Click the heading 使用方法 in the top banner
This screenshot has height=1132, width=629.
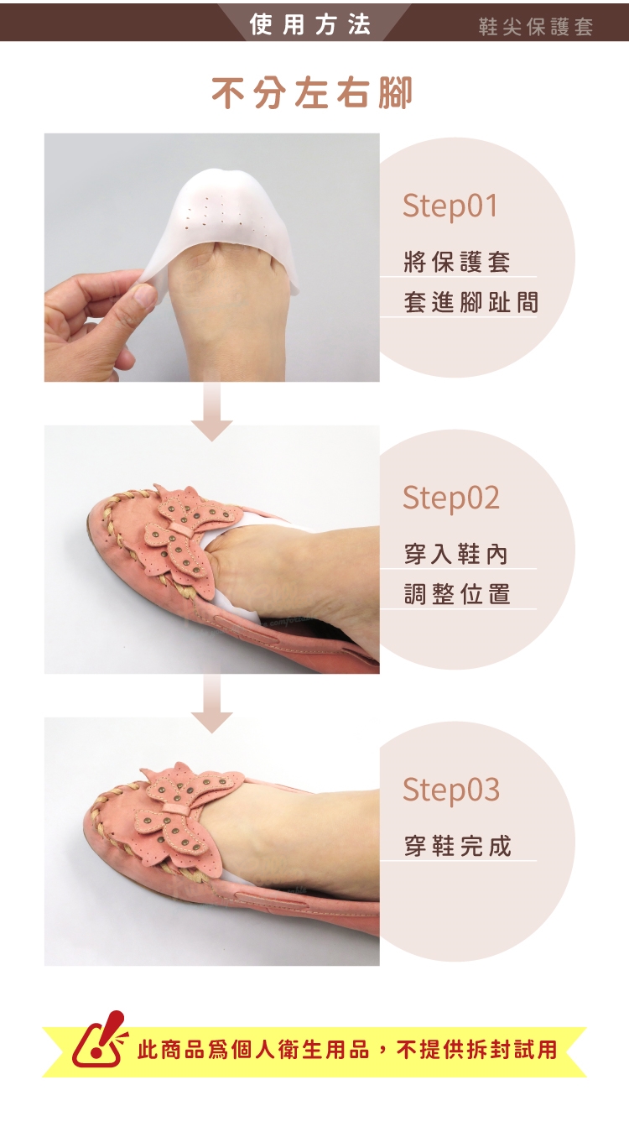pyautogui.click(x=310, y=23)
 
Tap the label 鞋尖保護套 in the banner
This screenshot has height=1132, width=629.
pyautogui.click(x=536, y=26)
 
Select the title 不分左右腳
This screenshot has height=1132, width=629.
pyautogui.click(x=312, y=93)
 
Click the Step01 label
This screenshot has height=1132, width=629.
pyautogui.click(x=450, y=206)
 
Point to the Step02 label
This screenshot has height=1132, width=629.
pyautogui.click(x=450, y=498)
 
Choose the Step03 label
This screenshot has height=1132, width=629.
pyautogui.click(x=450, y=789)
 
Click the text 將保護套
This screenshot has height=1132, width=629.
pyautogui.click(x=457, y=262)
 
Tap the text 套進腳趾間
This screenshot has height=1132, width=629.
pyautogui.click(x=470, y=302)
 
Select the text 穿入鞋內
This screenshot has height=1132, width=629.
pyautogui.click(x=455, y=554)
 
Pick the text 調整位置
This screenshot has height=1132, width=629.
pyautogui.click(x=457, y=594)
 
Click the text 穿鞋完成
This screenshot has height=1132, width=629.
pyautogui.click(x=457, y=846)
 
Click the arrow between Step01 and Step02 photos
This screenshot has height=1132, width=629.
pyautogui.click(x=212, y=411)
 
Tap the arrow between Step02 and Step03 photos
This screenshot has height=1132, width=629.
pyautogui.click(x=212, y=703)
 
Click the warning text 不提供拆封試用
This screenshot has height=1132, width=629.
pyautogui.click(x=476, y=1050)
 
